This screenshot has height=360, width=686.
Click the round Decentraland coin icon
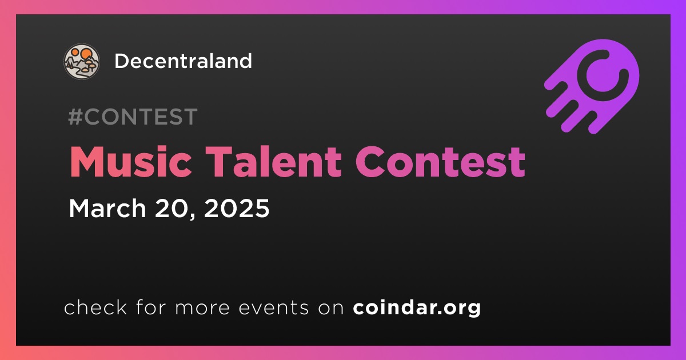click(81, 61)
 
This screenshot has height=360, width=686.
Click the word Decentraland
click(183, 61)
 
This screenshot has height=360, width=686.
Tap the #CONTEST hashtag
click(133, 117)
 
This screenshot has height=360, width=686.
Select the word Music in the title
click(131, 162)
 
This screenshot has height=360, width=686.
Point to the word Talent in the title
click(273, 162)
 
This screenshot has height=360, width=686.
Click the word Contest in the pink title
click(440, 162)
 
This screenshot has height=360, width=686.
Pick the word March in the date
click(107, 208)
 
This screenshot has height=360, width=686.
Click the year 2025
click(237, 208)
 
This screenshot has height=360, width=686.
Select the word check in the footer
click(95, 307)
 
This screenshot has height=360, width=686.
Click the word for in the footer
click(151, 307)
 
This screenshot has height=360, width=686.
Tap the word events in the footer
click(273, 308)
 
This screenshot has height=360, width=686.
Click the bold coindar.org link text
click(417, 308)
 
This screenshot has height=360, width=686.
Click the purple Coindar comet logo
click(592, 86)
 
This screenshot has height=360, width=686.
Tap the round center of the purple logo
click(603, 75)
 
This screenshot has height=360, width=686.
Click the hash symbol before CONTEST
click(75, 117)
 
